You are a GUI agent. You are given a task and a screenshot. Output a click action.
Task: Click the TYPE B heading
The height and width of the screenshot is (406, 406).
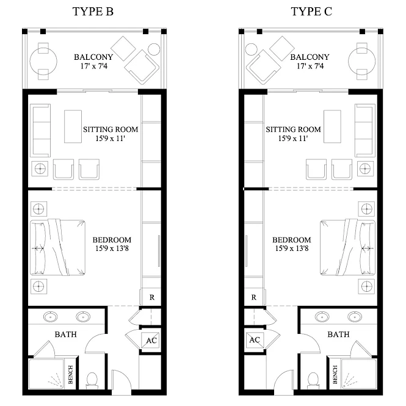pyautogui.click(x=93, y=12)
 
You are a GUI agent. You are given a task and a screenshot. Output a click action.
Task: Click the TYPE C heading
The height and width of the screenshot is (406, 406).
pyautogui.click(x=311, y=12)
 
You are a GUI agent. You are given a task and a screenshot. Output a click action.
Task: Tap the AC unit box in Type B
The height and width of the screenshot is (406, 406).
pyautogui.click(x=150, y=340)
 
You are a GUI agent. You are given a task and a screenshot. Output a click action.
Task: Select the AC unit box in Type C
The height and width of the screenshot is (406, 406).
pyautogui.click(x=255, y=340)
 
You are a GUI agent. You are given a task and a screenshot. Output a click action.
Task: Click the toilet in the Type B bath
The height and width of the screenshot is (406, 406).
pyautogui.click(x=92, y=380)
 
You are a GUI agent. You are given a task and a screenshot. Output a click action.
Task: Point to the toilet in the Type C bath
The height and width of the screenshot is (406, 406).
pyautogui.click(x=313, y=380)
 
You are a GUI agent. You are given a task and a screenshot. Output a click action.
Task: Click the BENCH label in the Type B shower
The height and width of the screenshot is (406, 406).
pyautogui.click(x=70, y=374)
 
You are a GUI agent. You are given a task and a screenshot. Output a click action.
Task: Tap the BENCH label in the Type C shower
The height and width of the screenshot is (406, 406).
pyautogui.click(x=335, y=374)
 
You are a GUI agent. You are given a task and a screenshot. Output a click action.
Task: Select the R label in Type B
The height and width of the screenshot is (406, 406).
pyautogui.click(x=152, y=297)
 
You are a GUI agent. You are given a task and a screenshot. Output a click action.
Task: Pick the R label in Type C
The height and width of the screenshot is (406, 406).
pyautogui.click(x=254, y=297)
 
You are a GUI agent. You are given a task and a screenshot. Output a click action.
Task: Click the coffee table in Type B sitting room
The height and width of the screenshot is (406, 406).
pyautogui.click(x=73, y=126)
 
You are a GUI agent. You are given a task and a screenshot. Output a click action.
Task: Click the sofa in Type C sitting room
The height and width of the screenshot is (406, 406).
pyautogui.click(x=365, y=131)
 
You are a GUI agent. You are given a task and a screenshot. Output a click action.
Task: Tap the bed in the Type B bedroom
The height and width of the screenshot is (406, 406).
pyautogui.click(x=58, y=247)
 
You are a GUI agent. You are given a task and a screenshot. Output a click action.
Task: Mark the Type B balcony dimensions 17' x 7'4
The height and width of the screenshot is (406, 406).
pyautogui.click(x=94, y=67)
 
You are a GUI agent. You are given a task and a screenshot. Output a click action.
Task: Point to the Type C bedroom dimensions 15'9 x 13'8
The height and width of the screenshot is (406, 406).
pyautogui.click(x=292, y=248)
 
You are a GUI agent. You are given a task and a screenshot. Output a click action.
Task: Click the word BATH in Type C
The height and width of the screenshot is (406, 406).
pyautogui.click(x=338, y=335)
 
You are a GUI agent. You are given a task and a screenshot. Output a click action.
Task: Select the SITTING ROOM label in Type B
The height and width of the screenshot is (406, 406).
pyautogui.click(x=111, y=129)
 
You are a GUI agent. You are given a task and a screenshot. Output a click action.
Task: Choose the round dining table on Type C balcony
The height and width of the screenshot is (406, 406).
pyautogui.click(x=361, y=62)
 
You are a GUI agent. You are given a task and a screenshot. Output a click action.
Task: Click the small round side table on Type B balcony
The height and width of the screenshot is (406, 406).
pyautogui.click(x=154, y=49)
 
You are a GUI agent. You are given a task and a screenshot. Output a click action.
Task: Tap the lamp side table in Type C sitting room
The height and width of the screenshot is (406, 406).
pyautogui.click(x=365, y=169)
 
